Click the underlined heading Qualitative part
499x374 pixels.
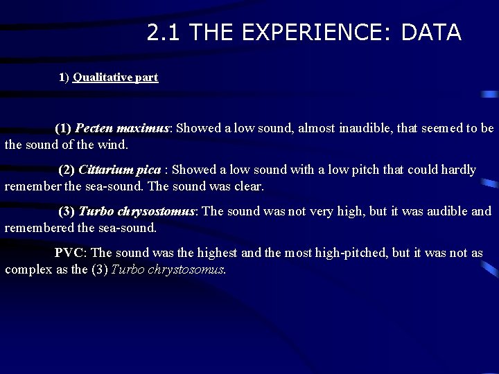[x=115, y=78]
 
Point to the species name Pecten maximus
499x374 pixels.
[x=121, y=128]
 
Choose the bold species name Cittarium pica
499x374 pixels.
[x=120, y=170]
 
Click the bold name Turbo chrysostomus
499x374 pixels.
[x=137, y=211]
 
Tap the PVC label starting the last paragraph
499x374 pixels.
[x=69, y=253]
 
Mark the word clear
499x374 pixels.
[x=247, y=186]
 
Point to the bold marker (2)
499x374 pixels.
[x=67, y=170]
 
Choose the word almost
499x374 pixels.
[x=316, y=128]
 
